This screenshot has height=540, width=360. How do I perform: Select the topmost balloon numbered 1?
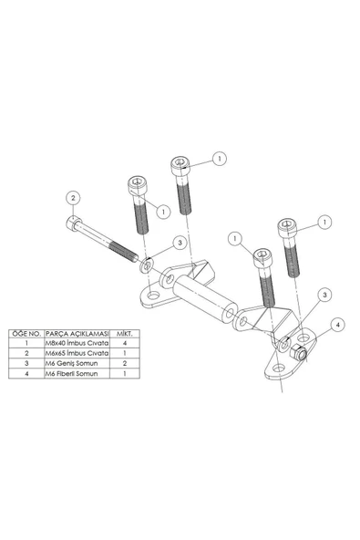pyautogui.click(x=219, y=158)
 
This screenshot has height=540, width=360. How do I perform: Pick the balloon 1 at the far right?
pyautogui.click(x=324, y=220)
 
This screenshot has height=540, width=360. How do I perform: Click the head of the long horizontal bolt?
pyautogui.click(x=73, y=223)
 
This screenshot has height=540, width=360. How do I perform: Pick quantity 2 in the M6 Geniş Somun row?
pyautogui.click(x=125, y=362)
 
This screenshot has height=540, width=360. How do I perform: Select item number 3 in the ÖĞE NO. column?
pyautogui.click(x=28, y=362)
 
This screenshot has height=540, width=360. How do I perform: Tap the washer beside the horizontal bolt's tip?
pyautogui.click(x=147, y=265)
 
